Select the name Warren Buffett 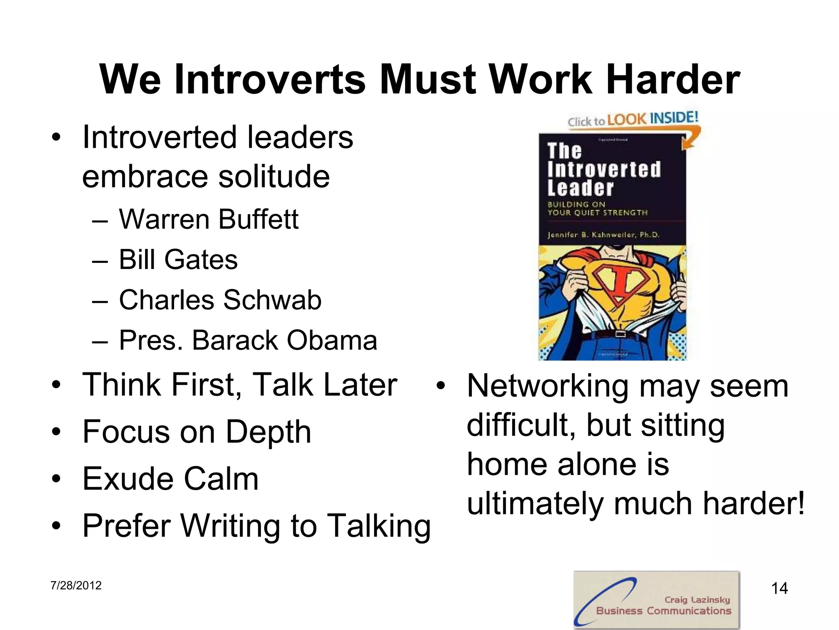(209, 219)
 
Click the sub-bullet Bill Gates (178, 260)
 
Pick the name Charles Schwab (220, 300)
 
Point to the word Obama (332, 340)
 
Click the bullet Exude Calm (170, 479)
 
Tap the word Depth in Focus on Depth (268, 432)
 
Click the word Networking (548, 386)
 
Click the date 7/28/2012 (76, 585)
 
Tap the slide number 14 (779, 589)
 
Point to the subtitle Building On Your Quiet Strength (597, 208)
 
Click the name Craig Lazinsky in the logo (697, 600)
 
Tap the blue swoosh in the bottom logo (602, 599)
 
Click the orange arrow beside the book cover (692, 139)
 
